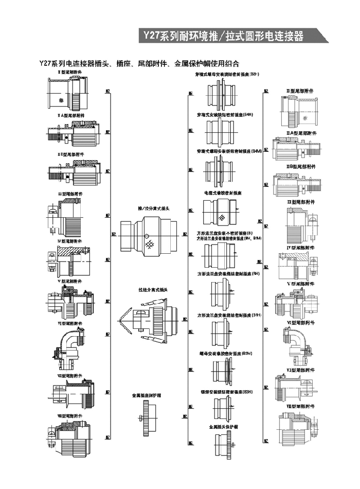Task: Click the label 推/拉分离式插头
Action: tap(153, 209)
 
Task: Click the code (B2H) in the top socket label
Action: tap(255, 74)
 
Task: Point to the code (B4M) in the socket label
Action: tap(257, 151)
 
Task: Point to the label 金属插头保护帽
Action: tap(223, 427)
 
